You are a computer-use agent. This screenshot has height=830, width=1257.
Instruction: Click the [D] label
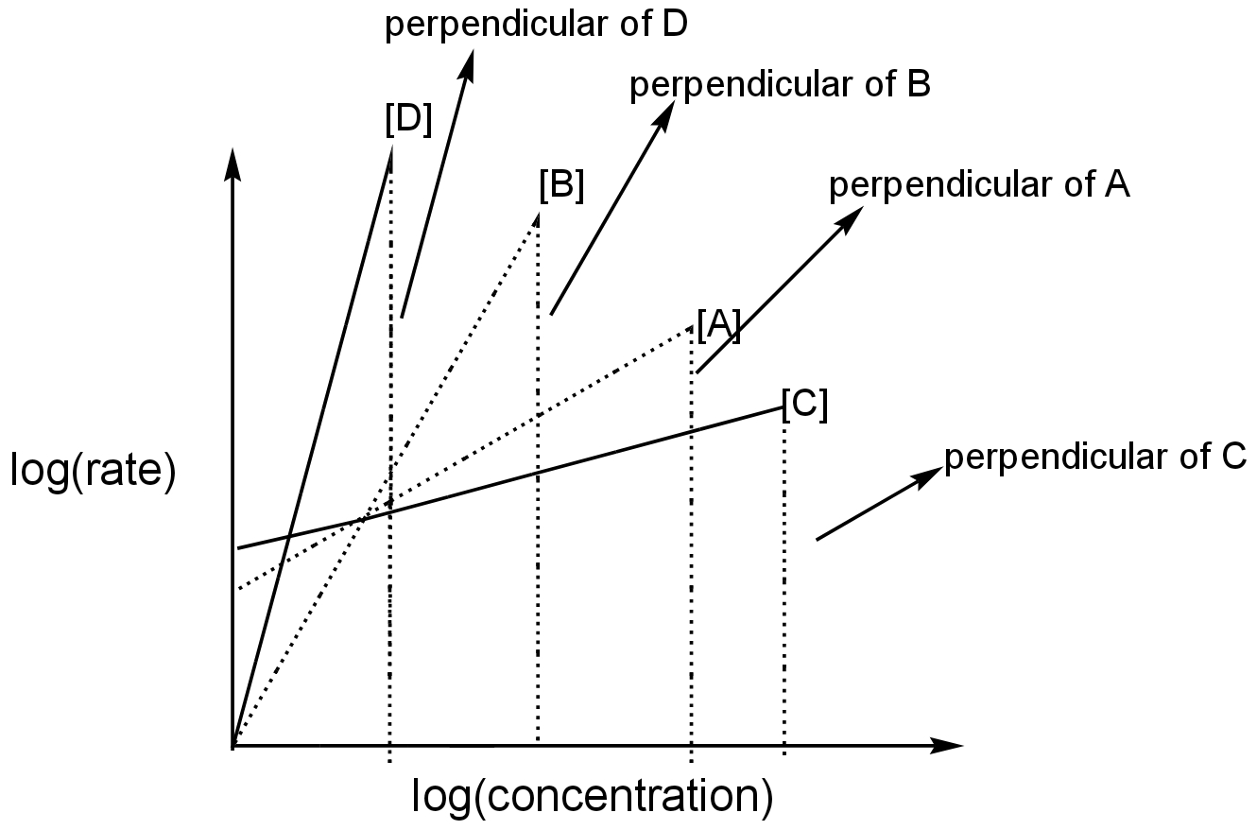pos(408,119)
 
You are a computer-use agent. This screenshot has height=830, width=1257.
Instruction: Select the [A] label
pos(719,325)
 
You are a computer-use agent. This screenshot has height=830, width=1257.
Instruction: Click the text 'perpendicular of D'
pos(536,25)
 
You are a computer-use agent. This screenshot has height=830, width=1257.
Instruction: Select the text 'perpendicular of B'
pos(780,85)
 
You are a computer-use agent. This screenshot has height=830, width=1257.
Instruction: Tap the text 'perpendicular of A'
pos(979,185)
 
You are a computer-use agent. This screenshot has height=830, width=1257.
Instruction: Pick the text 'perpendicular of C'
pos(1094,458)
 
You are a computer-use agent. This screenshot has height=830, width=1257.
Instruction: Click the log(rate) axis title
pos(94,470)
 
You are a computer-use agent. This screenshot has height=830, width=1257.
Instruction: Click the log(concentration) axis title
pos(593,796)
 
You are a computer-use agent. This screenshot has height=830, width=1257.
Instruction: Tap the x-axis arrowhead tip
pos(963,746)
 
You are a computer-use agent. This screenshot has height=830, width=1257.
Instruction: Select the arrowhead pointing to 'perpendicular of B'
pos(666,115)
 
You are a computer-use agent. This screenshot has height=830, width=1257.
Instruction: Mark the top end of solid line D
pos(390,147)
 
